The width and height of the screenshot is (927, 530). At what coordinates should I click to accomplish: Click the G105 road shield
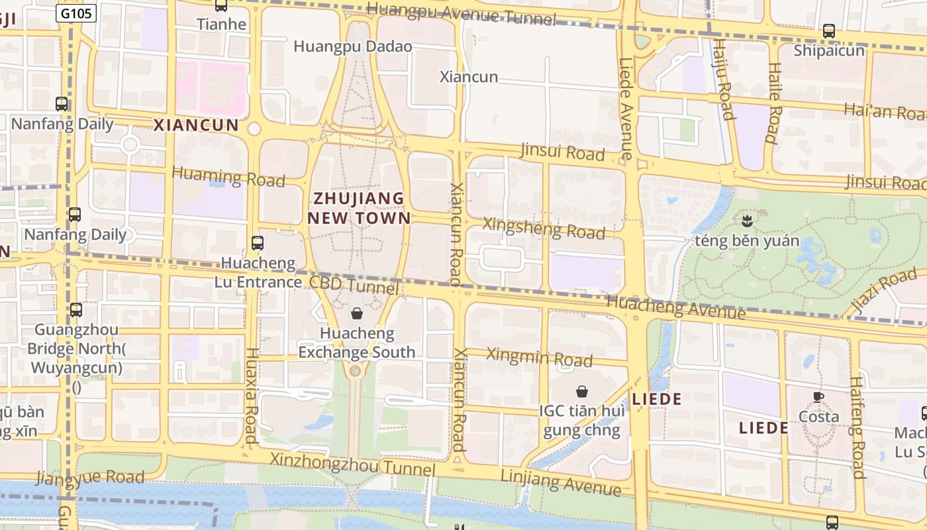tap(76, 13)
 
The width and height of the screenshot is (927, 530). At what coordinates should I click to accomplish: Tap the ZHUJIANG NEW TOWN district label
tap(358, 208)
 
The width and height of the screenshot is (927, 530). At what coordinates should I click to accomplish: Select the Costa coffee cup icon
tap(818, 397)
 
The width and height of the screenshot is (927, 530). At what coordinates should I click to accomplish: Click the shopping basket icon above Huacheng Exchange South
tap(357, 313)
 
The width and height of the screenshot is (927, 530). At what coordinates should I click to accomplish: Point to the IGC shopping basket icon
tap(582, 392)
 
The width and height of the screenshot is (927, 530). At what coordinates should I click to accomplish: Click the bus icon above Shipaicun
tap(829, 30)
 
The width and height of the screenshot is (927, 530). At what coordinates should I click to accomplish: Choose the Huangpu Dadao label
tap(352, 46)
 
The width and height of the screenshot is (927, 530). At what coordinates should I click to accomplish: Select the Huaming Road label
tap(228, 177)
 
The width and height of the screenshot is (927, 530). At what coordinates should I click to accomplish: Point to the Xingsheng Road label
tap(544, 228)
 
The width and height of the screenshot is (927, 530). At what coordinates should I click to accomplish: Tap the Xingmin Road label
tap(539, 357)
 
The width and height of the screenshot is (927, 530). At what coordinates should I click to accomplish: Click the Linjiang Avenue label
tap(561, 482)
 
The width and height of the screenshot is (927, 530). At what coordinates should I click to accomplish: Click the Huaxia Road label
tap(251, 395)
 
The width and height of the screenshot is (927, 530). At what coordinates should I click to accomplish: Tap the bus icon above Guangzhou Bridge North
tap(76, 309)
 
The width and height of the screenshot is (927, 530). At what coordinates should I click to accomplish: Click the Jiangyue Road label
tap(90, 477)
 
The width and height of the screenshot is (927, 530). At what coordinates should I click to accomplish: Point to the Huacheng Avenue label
tap(675, 307)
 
